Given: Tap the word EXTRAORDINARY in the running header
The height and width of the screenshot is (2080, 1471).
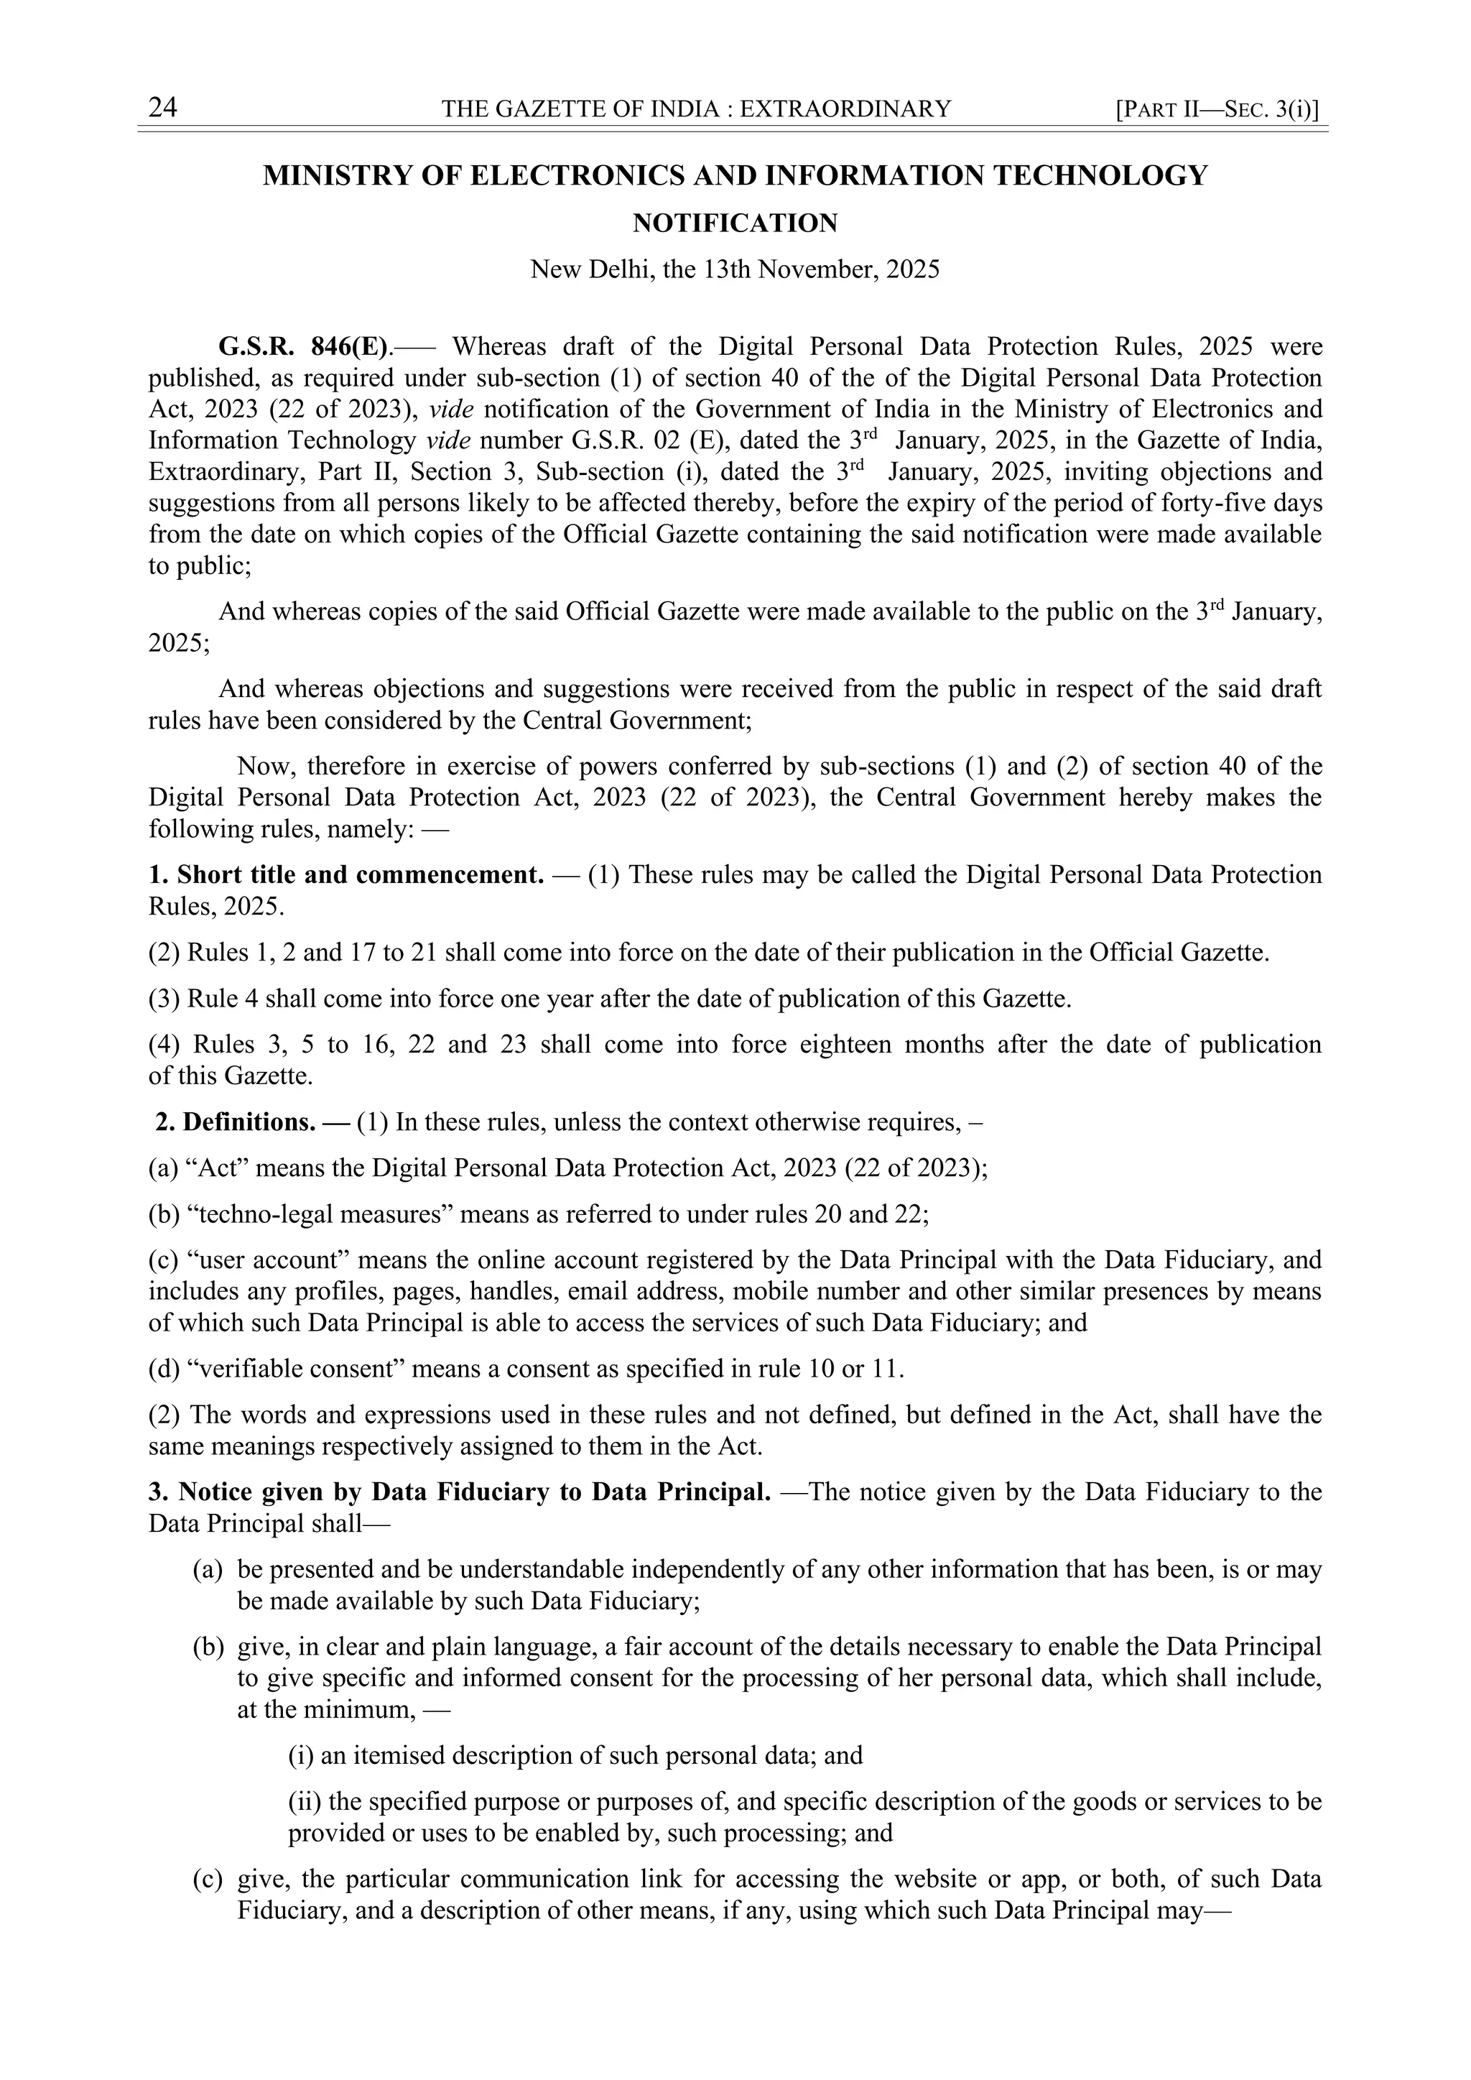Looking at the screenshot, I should click(x=846, y=110).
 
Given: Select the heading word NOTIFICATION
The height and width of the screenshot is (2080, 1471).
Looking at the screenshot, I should click(x=735, y=223).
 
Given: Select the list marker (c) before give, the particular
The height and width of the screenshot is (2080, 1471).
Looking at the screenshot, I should click(x=208, y=1880).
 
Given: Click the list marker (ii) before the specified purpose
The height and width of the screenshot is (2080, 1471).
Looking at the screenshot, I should click(x=303, y=1802).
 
